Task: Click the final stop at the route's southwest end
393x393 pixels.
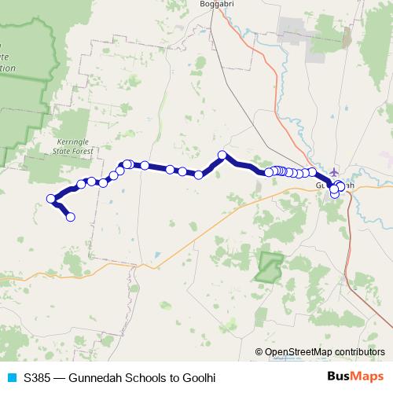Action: click(x=71, y=217)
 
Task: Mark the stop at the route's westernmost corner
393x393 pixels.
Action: click(x=51, y=199)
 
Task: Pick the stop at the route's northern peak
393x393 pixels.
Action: click(x=222, y=156)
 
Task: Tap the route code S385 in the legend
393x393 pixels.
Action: click(x=38, y=377)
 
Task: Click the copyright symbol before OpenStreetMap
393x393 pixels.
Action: click(x=259, y=353)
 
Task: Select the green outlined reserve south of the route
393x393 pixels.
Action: click(x=269, y=266)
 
